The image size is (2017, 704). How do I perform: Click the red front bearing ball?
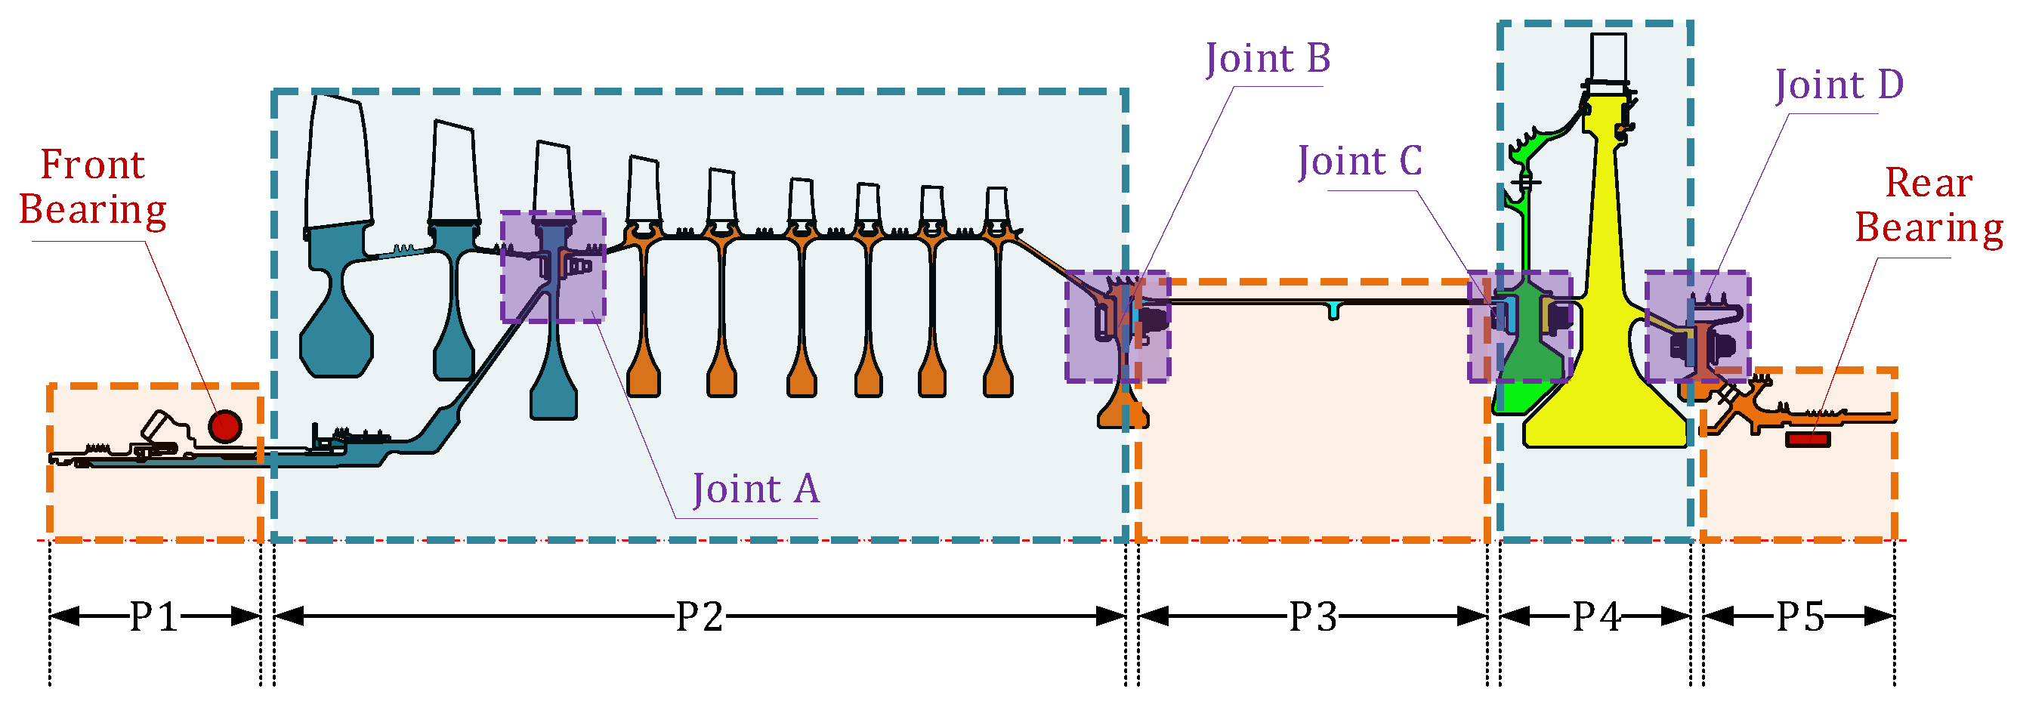(x=224, y=426)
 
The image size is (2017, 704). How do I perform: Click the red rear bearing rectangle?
(x=1807, y=440)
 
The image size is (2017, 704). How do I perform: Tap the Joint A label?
(x=755, y=489)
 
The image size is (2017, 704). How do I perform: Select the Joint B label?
(x=1268, y=59)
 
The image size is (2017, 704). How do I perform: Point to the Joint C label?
(x=1359, y=162)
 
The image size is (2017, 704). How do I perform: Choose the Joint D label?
(x=1839, y=85)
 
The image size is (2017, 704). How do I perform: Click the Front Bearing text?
(x=92, y=187)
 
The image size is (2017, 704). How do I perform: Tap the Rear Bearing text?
(x=1929, y=205)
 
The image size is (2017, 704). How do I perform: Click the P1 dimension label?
(x=154, y=616)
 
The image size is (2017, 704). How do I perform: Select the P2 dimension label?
(x=700, y=616)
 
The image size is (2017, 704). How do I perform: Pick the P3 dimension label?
(x=1313, y=616)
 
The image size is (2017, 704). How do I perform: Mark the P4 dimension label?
(x=1596, y=616)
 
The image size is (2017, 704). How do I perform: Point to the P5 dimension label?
(x=1800, y=616)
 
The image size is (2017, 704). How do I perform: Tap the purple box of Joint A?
(x=553, y=266)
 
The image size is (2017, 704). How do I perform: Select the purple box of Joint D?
(x=1697, y=326)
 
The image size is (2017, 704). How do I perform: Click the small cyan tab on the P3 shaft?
(x=1333, y=311)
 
